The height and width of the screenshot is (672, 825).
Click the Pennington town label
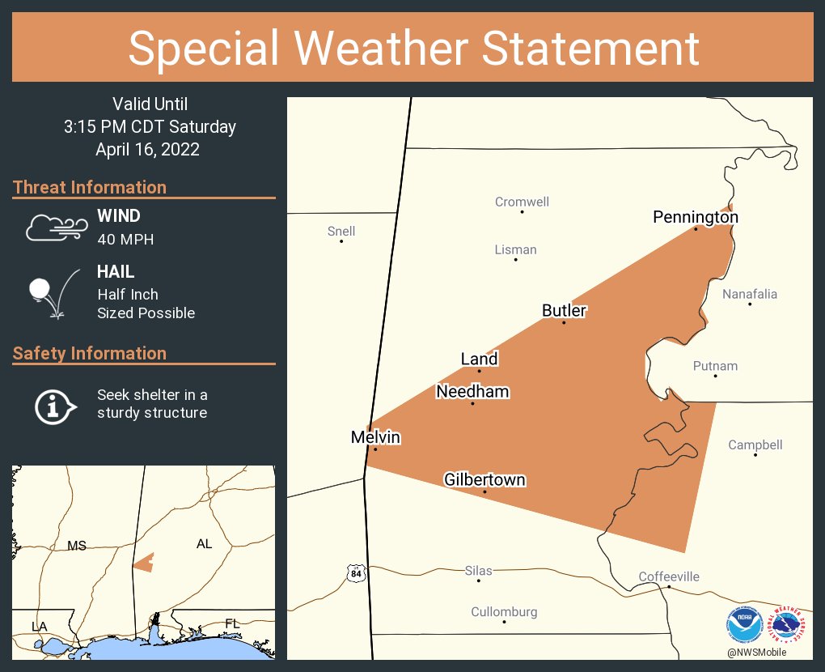696,217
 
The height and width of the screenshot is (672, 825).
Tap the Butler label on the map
564,310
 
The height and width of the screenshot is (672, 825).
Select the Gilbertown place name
484,480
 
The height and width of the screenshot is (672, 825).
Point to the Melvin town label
375,437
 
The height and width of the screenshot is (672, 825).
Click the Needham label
472,392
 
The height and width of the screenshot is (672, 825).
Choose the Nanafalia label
750,294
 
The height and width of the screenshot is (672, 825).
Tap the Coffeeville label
669,576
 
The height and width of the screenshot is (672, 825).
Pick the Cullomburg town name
504,612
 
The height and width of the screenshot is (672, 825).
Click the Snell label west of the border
341,232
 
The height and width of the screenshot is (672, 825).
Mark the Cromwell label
522,202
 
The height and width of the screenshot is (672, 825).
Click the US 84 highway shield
356,573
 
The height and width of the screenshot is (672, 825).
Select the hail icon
53,292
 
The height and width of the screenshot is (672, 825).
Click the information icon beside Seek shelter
54,405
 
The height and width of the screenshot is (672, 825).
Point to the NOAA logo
743,624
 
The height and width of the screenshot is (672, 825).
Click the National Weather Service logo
789,624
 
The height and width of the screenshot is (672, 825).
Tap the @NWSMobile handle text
756,653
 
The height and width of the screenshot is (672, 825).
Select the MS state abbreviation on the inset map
77,546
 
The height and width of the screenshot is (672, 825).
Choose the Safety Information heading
90,353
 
